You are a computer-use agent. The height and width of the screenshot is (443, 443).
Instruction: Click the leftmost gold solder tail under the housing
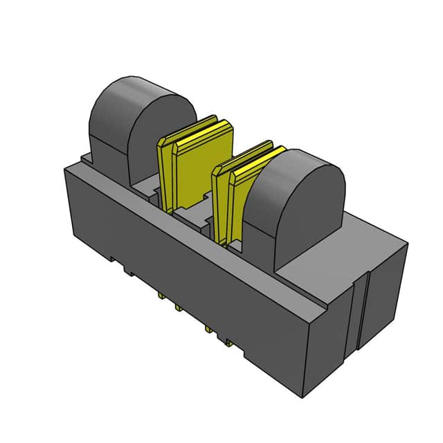click(x=161, y=296)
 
